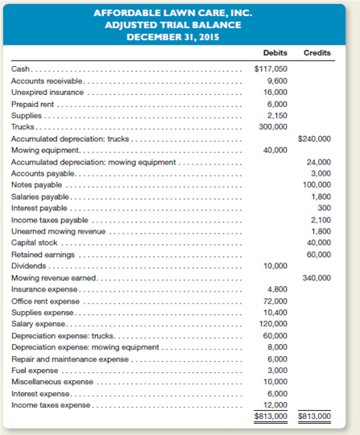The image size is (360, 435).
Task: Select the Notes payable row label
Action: [x=33, y=185]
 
